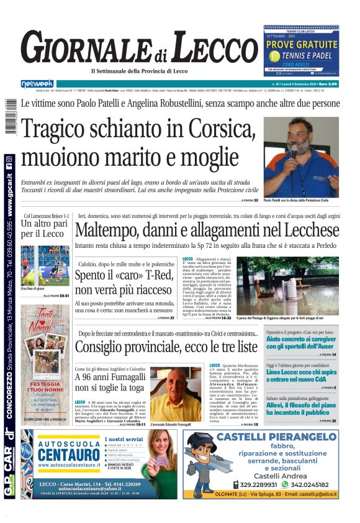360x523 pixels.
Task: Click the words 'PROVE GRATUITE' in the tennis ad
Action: click(300, 45)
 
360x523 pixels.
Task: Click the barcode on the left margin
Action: click(9, 119)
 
